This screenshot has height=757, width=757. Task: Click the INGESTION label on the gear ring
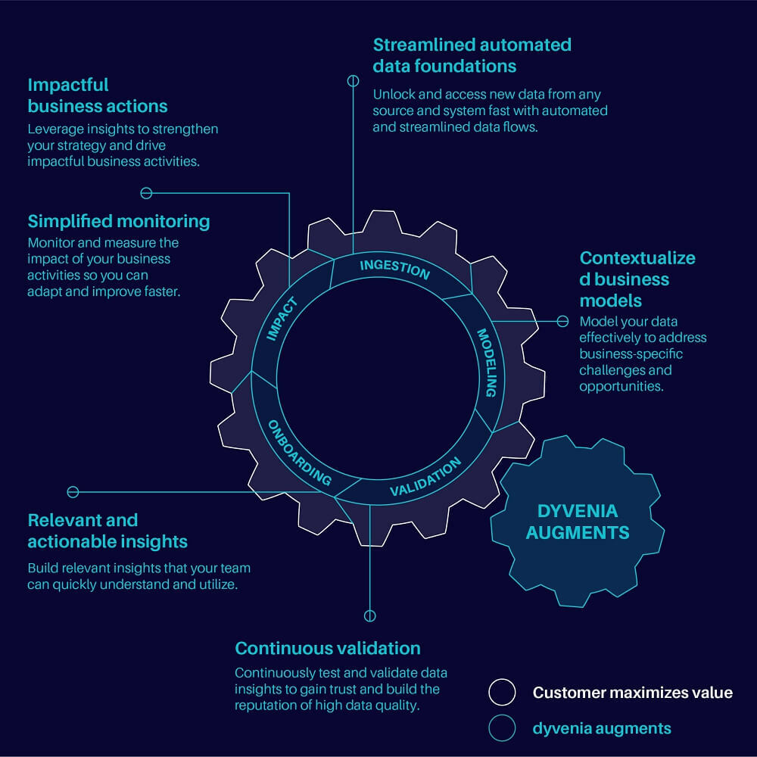point(394,269)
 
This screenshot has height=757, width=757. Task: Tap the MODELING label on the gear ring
point(486,362)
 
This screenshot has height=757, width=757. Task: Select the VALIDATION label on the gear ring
point(425,478)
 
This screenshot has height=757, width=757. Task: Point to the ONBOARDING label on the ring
point(300,453)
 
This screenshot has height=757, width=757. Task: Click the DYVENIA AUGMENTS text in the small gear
point(578,522)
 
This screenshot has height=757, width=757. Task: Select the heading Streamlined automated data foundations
point(472,55)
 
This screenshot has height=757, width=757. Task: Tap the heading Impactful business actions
point(98,95)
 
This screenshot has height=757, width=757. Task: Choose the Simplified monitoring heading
point(119,221)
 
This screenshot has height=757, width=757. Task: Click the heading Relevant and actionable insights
point(107,531)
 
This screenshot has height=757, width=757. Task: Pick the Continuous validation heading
point(328,648)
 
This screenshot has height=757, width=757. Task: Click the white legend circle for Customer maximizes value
point(502,692)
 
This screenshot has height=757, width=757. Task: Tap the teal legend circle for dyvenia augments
point(502,728)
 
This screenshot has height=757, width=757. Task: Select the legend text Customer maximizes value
point(632,692)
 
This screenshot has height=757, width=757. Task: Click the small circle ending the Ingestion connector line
point(353,80)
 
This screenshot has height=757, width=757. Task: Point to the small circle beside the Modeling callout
point(562,321)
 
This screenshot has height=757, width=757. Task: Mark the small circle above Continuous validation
point(369,615)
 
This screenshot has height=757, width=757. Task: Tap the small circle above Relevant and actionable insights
point(73,491)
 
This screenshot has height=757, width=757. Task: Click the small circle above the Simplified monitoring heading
point(147,192)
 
